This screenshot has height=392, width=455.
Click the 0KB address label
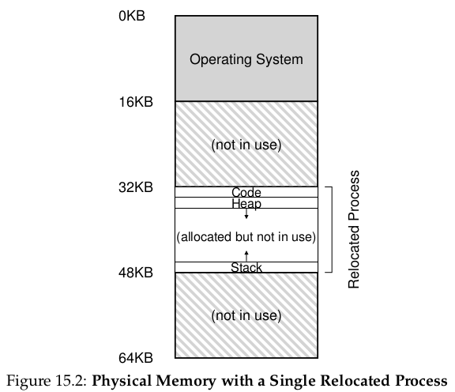tap(132, 16)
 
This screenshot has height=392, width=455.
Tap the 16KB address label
tap(136, 102)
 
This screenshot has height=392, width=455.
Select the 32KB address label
tap(136, 187)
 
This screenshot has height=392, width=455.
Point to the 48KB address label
tap(136, 273)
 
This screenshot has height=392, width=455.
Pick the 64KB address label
tap(136, 358)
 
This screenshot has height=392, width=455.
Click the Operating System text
tap(246, 59)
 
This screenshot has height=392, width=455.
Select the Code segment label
tap(246, 192)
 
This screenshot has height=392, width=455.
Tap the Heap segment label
tap(246, 204)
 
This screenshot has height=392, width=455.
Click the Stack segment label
tap(246, 267)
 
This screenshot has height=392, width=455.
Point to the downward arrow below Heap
tap(246, 213)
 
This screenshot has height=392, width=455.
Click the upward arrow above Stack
tap(246, 256)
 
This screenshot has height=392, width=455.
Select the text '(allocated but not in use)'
tap(246, 237)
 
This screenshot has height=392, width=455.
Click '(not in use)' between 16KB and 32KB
tap(246, 145)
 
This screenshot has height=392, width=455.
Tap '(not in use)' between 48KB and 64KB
tap(246, 315)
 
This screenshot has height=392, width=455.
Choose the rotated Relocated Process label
tap(354, 229)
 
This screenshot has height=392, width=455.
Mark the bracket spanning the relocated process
tap(332, 230)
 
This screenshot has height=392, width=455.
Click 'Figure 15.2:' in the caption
tap(47, 381)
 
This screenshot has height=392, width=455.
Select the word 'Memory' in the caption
tap(186, 381)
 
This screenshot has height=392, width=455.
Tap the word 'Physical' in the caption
tap(122, 381)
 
